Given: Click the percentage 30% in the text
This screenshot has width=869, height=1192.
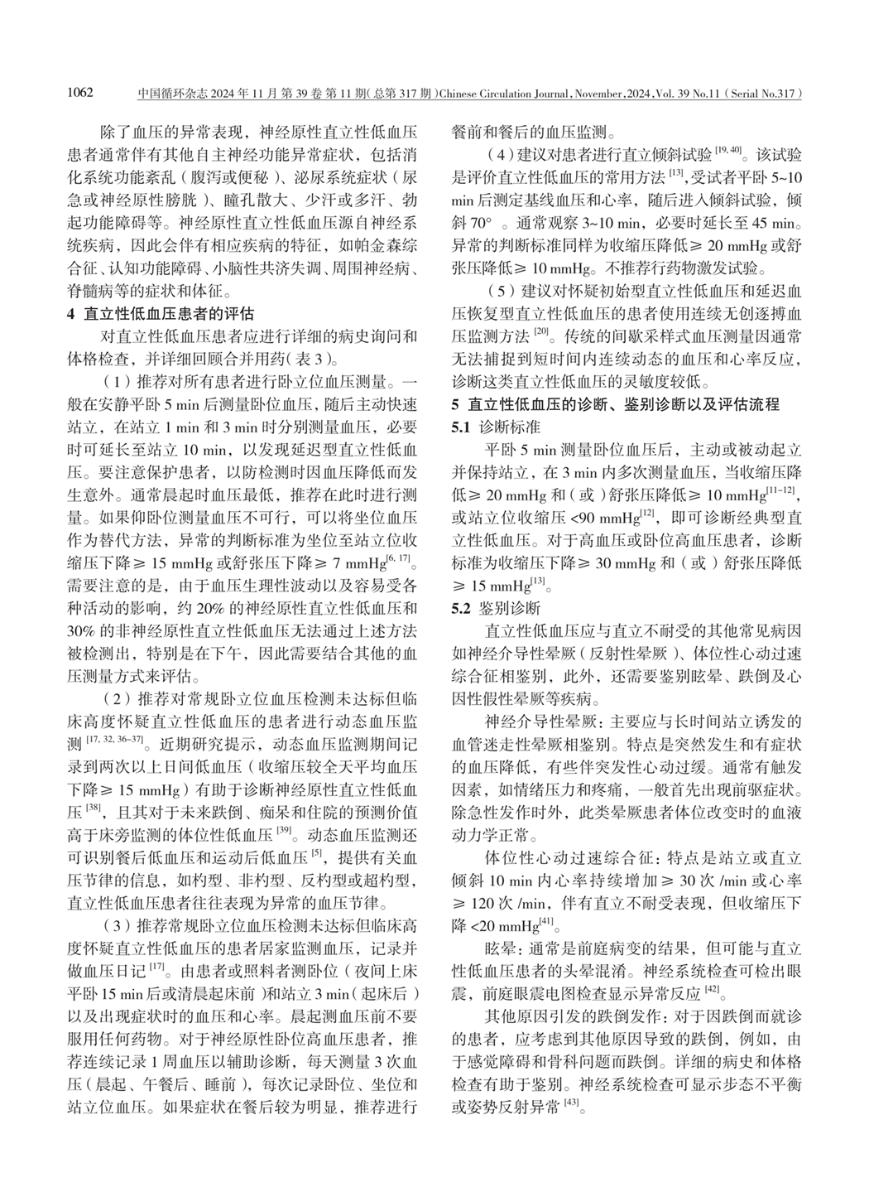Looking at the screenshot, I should pos(79,630).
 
